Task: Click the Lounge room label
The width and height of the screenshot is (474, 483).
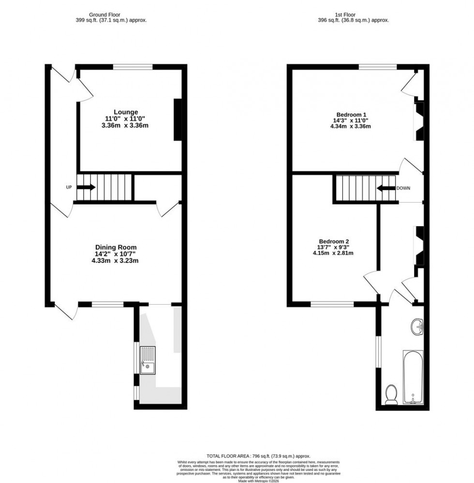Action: [x=126, y=112]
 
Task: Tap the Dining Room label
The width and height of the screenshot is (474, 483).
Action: [x=119, y=247]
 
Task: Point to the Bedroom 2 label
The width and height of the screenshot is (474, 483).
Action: [x=334, y=242]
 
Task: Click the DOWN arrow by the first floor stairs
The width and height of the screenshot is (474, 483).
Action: [x=386, y=188]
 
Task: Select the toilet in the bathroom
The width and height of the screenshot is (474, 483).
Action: [x=391, y=394]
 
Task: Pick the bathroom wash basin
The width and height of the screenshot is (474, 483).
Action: [x=417, y=326]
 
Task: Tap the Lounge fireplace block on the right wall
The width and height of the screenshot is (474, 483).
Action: [x=178, y=119]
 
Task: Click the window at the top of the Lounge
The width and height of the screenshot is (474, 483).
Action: [x=133, y=67]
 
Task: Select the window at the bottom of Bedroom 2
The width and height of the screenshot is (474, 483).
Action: [x=332, y=304]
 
